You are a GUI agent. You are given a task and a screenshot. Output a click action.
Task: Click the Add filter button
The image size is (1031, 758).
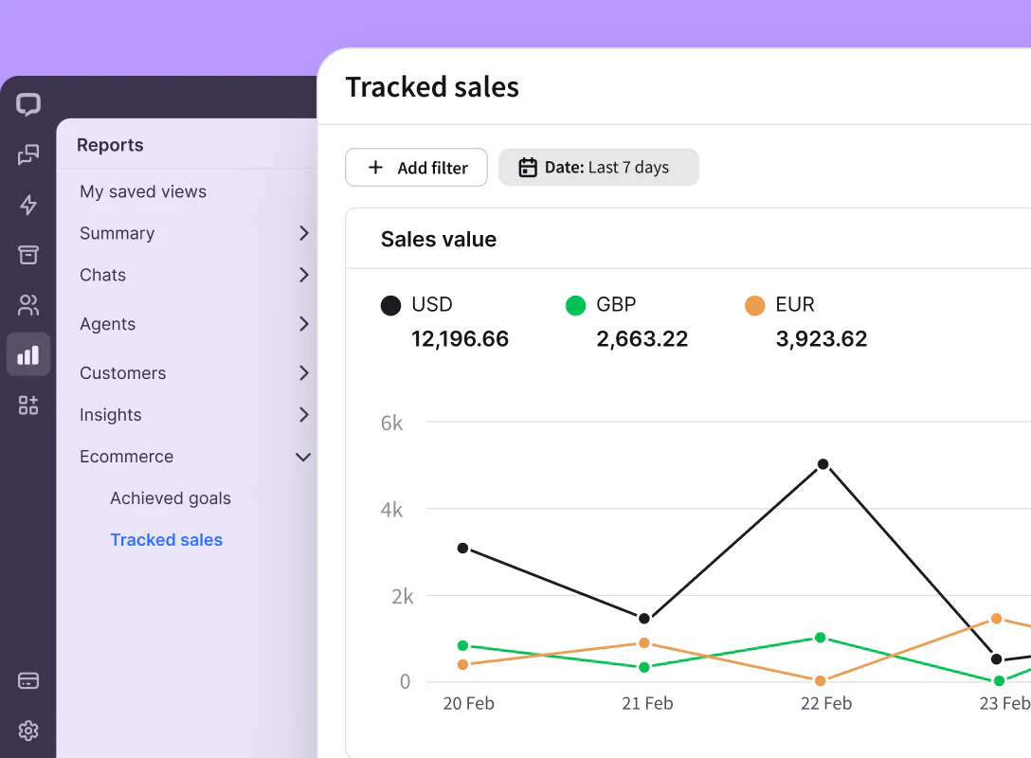coord(416,168)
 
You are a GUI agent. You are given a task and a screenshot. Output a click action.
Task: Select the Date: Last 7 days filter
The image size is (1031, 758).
coord(598,168)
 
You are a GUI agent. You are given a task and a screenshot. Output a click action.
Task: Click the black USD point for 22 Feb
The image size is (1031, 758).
coord(823,464)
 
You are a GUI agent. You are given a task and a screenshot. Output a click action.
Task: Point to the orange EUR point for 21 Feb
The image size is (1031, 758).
coord(644,643)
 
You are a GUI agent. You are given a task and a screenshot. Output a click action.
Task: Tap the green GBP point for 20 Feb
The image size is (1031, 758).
coord(462,645)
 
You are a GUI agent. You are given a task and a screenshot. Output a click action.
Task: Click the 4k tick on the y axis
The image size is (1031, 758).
coord(391,510)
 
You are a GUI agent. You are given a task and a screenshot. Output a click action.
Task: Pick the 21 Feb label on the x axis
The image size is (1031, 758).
coord(646,703)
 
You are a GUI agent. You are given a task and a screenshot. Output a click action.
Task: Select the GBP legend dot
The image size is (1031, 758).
coord(575,305)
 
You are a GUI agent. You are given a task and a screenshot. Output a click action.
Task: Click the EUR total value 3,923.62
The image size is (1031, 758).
coord(821,339)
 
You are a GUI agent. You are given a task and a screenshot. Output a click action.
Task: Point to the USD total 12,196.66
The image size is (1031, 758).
coord(460,339)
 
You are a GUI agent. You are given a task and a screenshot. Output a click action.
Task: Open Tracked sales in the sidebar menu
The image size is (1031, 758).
coord(166,540)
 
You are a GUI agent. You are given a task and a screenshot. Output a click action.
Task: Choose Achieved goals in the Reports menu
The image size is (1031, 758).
coord(171,498)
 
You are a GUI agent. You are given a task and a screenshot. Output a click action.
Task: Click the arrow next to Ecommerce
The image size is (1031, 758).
coord(303,457)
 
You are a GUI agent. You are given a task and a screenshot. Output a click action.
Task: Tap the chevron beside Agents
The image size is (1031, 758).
coord(303,324)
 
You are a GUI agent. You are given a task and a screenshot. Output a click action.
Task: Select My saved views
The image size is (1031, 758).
coord(143,191)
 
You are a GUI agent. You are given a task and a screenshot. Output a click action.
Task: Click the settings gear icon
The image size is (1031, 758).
coord(28,731)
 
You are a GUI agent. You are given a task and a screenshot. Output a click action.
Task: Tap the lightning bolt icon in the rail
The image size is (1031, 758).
coord(28,205)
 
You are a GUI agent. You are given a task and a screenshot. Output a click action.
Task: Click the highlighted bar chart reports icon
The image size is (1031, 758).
coord(28,355)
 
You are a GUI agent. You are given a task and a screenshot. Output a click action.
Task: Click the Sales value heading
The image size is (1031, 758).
coord(439,240)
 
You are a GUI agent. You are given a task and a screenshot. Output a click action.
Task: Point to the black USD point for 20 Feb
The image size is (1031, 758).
coord(462,548)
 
